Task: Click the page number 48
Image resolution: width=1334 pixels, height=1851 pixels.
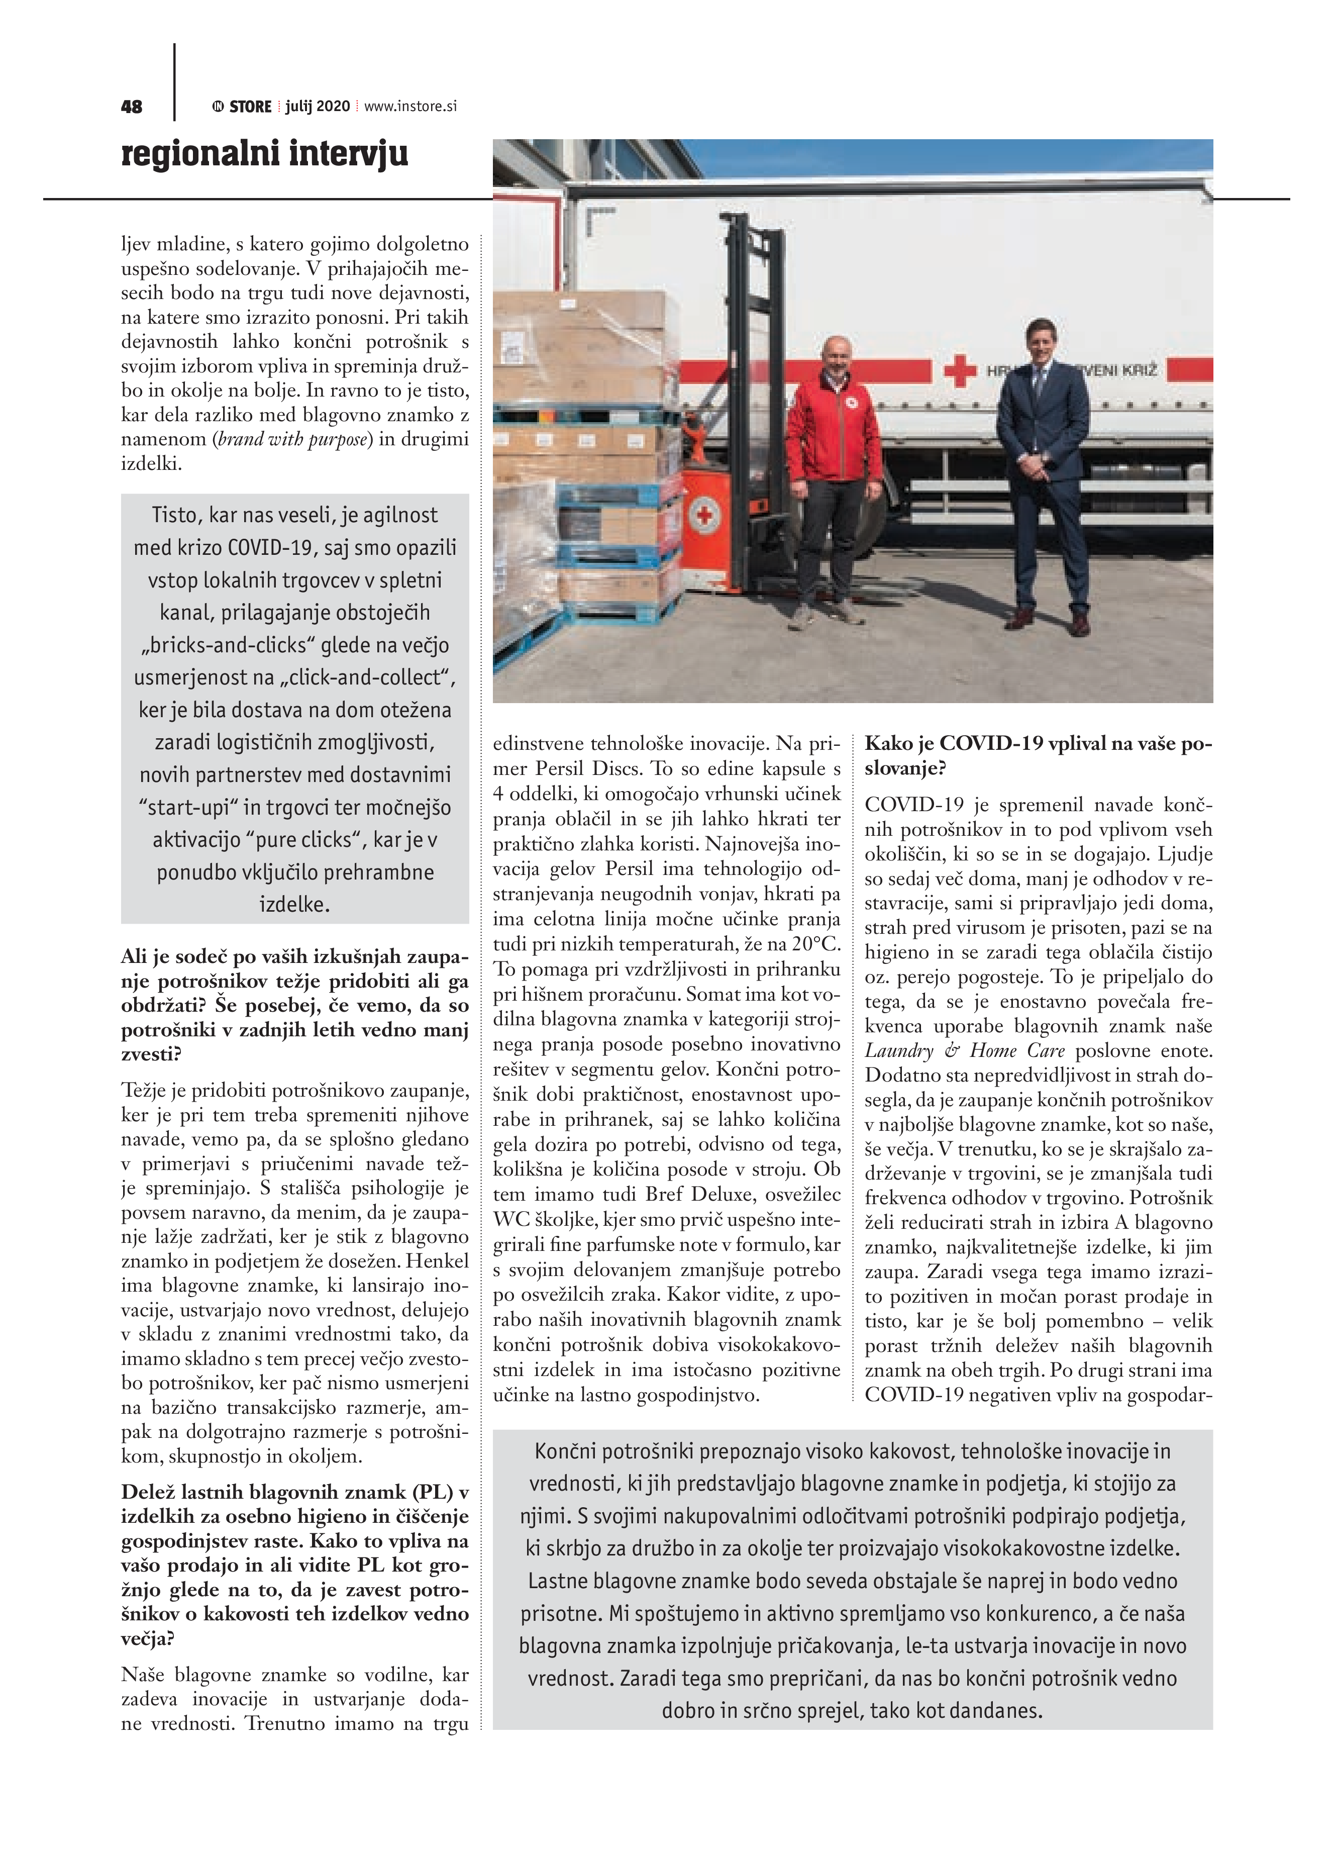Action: [x=131, y=107]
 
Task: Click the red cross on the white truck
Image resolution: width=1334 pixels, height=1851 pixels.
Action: [x=960, y=372]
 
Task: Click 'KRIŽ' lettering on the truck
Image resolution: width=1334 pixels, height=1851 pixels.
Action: [x=1141, y=370]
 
